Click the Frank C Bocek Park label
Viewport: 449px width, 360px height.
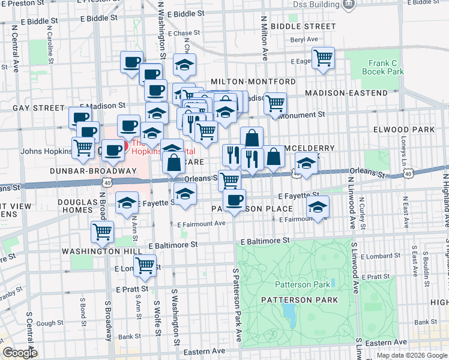pos(386,67)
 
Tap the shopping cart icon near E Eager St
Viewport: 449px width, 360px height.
pos(323,58)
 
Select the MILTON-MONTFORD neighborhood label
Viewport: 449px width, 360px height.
pos(253,82)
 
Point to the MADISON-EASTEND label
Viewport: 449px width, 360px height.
pos(346,93)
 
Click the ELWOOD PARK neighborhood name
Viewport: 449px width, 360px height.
pos(412,130)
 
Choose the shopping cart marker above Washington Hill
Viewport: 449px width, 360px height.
pos(103,231)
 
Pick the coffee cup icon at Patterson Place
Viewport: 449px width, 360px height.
pos(234,200)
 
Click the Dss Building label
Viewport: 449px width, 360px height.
pos(317,4)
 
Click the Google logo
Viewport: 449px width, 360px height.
pos(20,353)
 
